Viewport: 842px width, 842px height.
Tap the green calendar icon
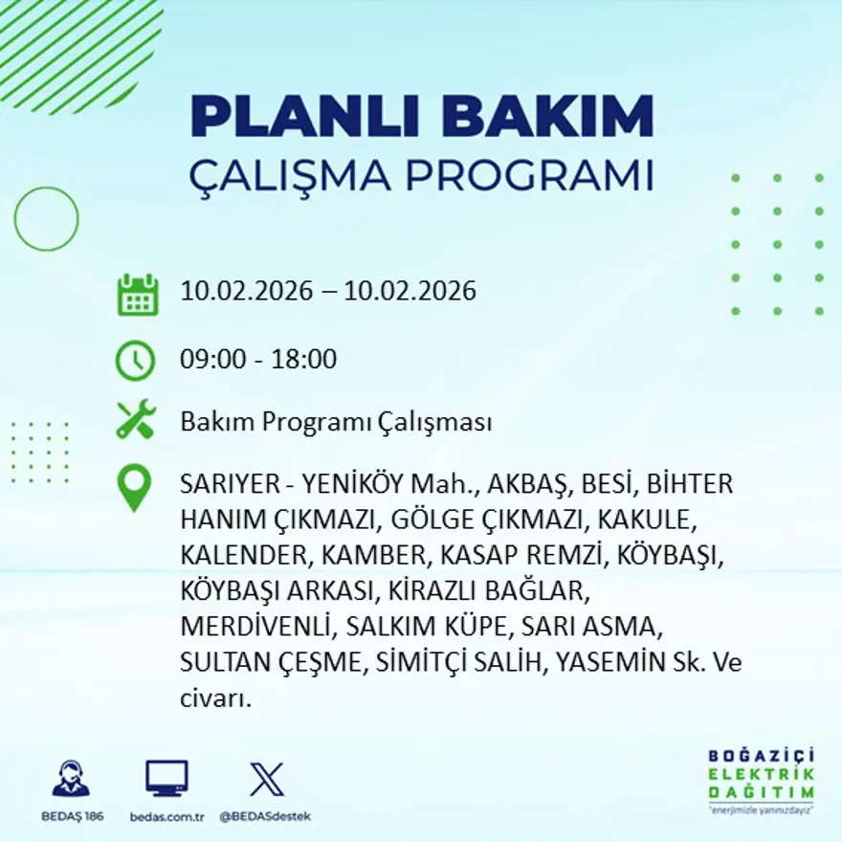[137, 295]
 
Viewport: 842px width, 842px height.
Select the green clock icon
[135, 361]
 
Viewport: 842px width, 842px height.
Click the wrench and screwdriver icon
[136, 420]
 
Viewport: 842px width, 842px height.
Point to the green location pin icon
[134, 487]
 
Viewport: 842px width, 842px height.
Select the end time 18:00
[306, 360]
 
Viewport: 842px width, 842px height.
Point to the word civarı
[215, 698]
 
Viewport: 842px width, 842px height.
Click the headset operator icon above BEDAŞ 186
[71, 779]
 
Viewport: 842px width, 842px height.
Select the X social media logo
[266, 779]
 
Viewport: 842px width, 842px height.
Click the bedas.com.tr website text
[166, 816]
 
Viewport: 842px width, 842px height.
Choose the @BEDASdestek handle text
[265, 816]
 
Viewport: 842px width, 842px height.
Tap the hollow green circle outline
[46, 218]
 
